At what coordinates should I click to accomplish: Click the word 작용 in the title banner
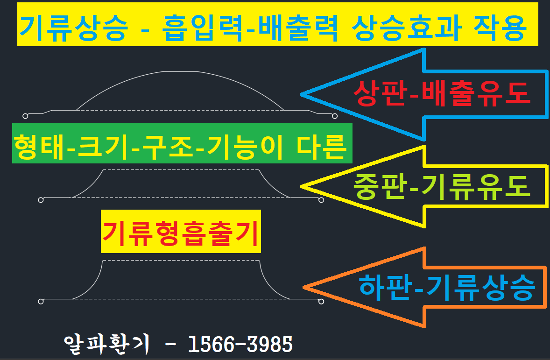click(500, 28)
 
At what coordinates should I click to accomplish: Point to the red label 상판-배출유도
click(442, 93)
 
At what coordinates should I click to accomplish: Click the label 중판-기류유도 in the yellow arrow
click(442, 187)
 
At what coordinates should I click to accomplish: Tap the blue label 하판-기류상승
click(447, 287)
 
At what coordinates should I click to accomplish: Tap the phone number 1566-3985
click(240, 344)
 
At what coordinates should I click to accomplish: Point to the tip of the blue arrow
click(301, 94)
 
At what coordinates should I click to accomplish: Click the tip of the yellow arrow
click(301, 187)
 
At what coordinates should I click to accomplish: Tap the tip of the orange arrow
click(304, 287)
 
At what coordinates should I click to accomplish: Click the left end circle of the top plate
click(25, 116)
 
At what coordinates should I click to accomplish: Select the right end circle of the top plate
click(335, 116)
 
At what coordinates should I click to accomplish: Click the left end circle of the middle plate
click(41, 200)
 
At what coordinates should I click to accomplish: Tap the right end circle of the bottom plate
click(321, 302)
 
